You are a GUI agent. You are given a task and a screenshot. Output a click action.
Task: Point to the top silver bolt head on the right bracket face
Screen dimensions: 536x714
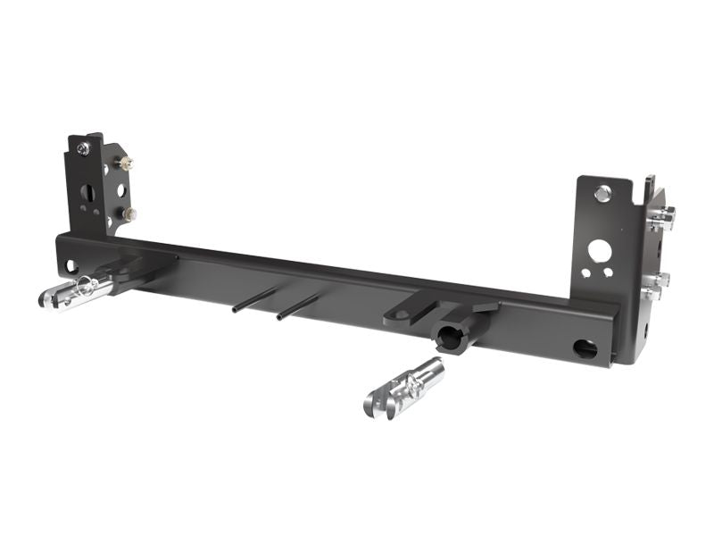pyautogui.click(x=603, y=192)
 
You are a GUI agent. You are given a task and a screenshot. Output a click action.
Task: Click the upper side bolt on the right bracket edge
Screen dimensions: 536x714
pyautogui.click(x=662, y=215)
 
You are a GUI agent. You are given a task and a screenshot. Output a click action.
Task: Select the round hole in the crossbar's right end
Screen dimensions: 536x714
pyautogui.click(x=585, y=348)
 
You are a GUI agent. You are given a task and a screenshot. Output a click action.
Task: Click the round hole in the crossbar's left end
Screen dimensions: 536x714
pyautogui.click(x=69, y=265)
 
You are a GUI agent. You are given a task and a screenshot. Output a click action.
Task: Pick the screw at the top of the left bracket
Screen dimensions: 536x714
pyautogui.click(x=82, y=149)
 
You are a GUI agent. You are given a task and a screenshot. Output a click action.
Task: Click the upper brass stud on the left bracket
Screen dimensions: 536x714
pyautogui.click(x=126, y=163)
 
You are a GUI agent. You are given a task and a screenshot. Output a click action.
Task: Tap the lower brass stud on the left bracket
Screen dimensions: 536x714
pyautogui.click(x=129, y=214)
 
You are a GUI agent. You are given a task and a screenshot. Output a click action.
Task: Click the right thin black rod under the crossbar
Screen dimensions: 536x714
pyautogui.click(x=297, y=308)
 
